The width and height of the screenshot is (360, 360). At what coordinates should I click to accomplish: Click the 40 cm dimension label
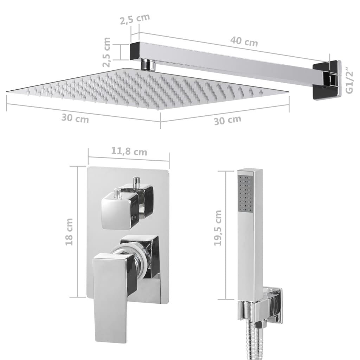pyautogui.click(x=244, y=41)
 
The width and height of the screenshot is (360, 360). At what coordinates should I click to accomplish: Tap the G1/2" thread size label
pyautogui.click(x=349, y=81)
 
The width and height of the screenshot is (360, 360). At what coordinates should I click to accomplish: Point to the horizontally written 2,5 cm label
pyautogui.click(x=135, y=19)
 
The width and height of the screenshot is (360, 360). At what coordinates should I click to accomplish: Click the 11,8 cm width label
pyautogui.click(x=129, y=152)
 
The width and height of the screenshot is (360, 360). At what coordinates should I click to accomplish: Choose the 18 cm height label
pyautogui.click(x=69, y=232)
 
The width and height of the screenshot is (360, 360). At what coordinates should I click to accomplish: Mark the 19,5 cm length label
pyautogui.click(x=218, y=228)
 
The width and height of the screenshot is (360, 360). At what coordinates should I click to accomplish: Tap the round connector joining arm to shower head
pyautogui.click(x=148, y=65)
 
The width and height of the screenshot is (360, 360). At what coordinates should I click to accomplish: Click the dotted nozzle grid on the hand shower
pyautogui.click(x=245, y=193)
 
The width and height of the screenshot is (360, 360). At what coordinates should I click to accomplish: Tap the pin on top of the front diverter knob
pyautogui.click(x=118, y=193)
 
